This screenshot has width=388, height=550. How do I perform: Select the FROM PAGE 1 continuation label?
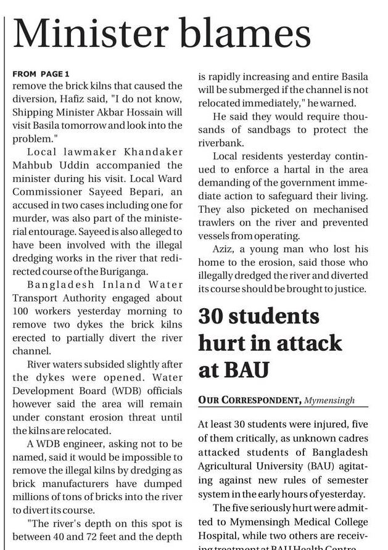(41, 74)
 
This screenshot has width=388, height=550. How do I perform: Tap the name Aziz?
(224, 250)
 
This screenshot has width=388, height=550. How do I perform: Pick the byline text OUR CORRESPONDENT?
(249, 400)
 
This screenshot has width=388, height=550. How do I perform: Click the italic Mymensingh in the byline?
(331, 401)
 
